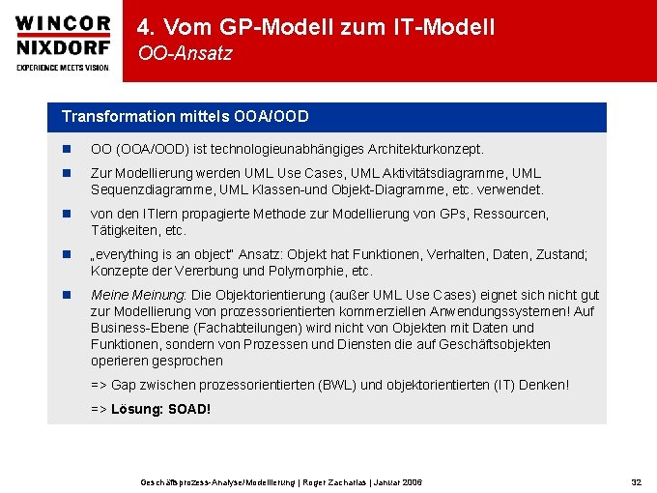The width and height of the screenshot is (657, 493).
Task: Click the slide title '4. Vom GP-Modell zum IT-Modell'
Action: tap(316, 27)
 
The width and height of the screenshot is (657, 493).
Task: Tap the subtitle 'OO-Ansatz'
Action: tap(185, 54)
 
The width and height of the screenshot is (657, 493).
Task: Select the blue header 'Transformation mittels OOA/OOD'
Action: tap(186, 117)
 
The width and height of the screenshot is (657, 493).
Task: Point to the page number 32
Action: tap(636, 481)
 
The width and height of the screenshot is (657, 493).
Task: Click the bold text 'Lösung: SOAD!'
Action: tap(160, 409)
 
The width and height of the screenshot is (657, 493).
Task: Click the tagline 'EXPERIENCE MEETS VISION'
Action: tap(63, 68)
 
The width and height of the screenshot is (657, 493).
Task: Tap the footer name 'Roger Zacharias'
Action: tap(328, 481)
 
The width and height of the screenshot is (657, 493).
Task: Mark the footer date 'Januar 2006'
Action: tap(396, 481)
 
